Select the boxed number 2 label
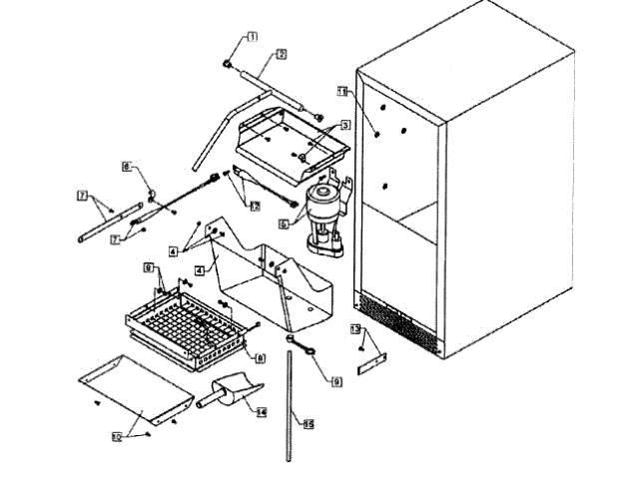click(282, 54)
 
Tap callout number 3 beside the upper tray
click(343, 125)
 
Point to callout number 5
click(284, 225)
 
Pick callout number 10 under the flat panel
click(116, 436)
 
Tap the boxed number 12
click(255, 206)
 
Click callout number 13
click(354, 328)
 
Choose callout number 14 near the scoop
click(261, 411)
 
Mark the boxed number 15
click(309, 425)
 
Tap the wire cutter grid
click(190, 324)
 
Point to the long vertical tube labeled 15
click(291, 409)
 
